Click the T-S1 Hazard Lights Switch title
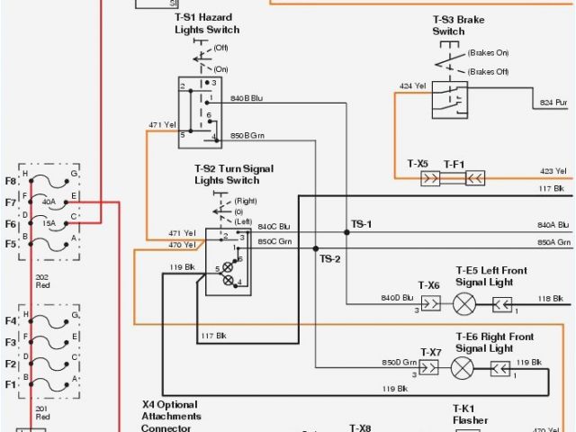207,23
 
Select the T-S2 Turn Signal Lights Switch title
234,175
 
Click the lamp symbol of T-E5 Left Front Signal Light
464,303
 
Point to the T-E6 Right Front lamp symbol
463,368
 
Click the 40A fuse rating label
49,202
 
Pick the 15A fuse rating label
49,222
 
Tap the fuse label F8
11,181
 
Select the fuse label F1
11,383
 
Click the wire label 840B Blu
247,97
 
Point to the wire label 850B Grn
247,135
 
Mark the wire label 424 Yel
412,86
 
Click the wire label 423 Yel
553,170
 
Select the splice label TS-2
330,259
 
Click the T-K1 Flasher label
471,414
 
